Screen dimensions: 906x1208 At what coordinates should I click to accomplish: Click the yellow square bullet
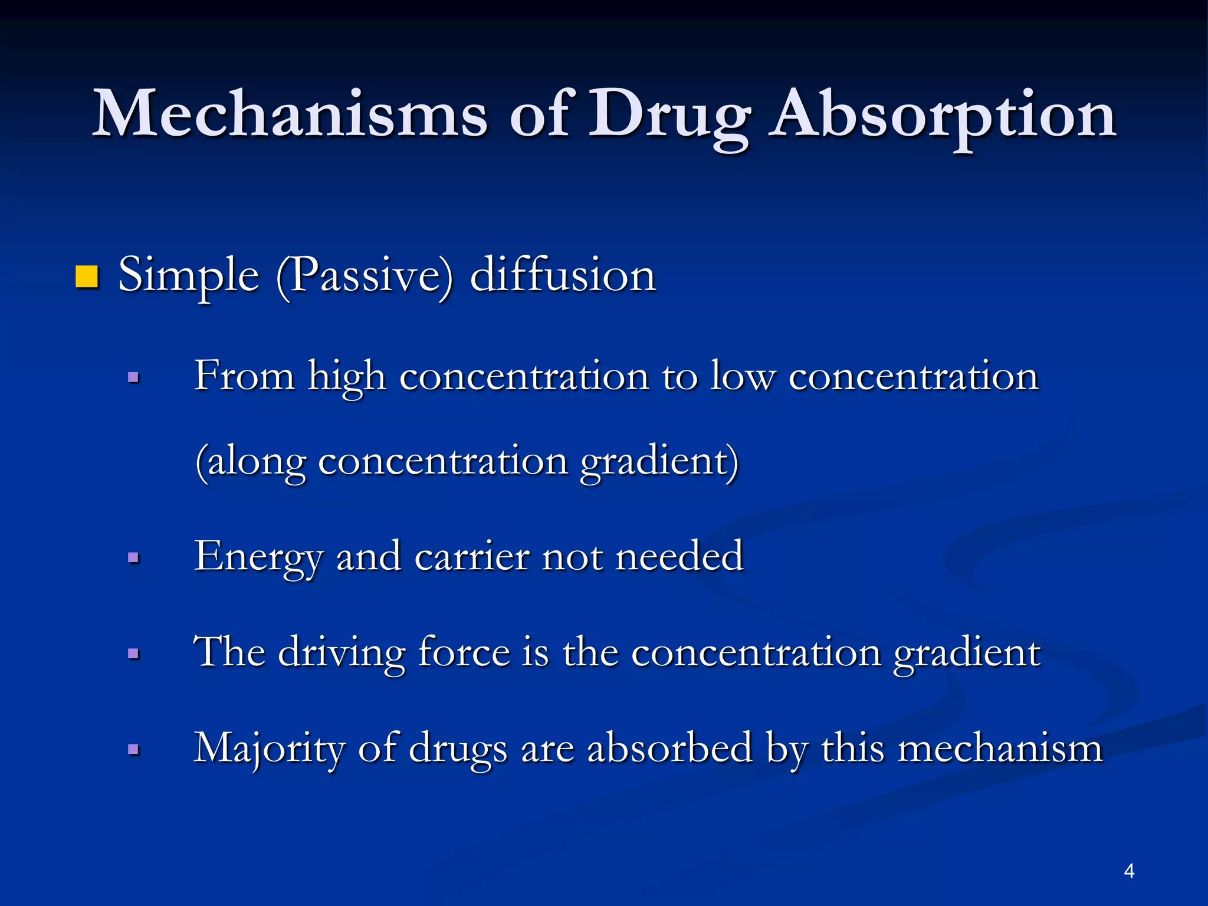(87, 277)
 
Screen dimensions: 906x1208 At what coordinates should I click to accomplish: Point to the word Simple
(188, 276)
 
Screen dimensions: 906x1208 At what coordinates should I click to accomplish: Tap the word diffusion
(563, 275)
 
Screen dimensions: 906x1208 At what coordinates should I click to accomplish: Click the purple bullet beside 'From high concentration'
(134, 377)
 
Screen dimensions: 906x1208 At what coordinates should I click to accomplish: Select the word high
(347, 377)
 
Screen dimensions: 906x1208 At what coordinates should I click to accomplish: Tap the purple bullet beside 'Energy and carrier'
(134, 557)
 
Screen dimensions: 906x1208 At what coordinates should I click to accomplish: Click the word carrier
(471, 557)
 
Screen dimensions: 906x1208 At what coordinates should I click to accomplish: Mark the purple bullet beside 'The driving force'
(134, 654)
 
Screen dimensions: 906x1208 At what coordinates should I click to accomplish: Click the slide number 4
(1129, 871)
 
